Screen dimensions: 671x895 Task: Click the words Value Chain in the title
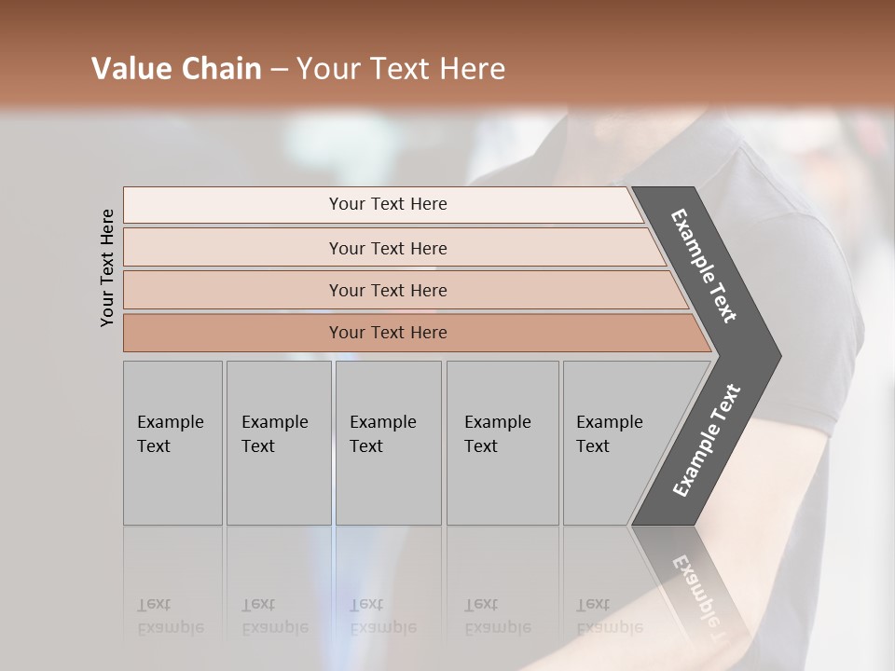coord(176,69)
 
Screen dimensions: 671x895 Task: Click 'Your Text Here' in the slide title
coord(401,69)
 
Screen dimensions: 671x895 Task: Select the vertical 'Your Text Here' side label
coord(107,267)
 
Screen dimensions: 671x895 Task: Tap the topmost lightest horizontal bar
coord(387,204)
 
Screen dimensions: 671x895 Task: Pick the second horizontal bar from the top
coord(387,248)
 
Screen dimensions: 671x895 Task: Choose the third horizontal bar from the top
coord(387,290)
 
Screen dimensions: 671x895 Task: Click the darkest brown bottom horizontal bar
coord(387,333)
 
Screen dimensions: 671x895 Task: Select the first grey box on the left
coord(172,443)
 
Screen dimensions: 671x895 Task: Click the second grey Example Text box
coord(278,443)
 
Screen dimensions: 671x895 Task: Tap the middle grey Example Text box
coord(388,443)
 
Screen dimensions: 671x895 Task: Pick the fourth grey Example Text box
coord(502,443)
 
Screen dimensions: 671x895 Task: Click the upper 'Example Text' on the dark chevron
coord(705,266)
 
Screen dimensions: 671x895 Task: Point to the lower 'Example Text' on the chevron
coord(707,440)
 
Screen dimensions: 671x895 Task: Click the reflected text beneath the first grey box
coord(170,616)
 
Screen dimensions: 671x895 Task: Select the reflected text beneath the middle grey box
coord(382,616)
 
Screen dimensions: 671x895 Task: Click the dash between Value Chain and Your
coord(279,70)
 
